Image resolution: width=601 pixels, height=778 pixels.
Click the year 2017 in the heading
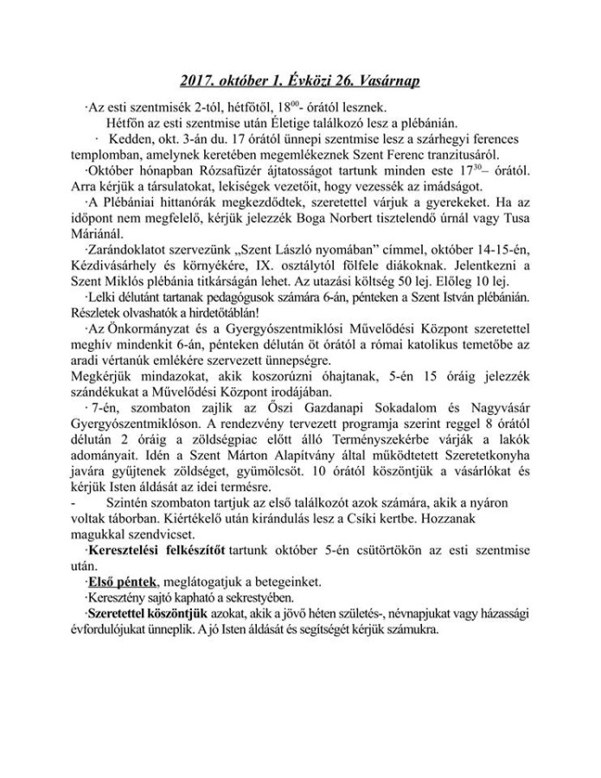click(x=199, y=81)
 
